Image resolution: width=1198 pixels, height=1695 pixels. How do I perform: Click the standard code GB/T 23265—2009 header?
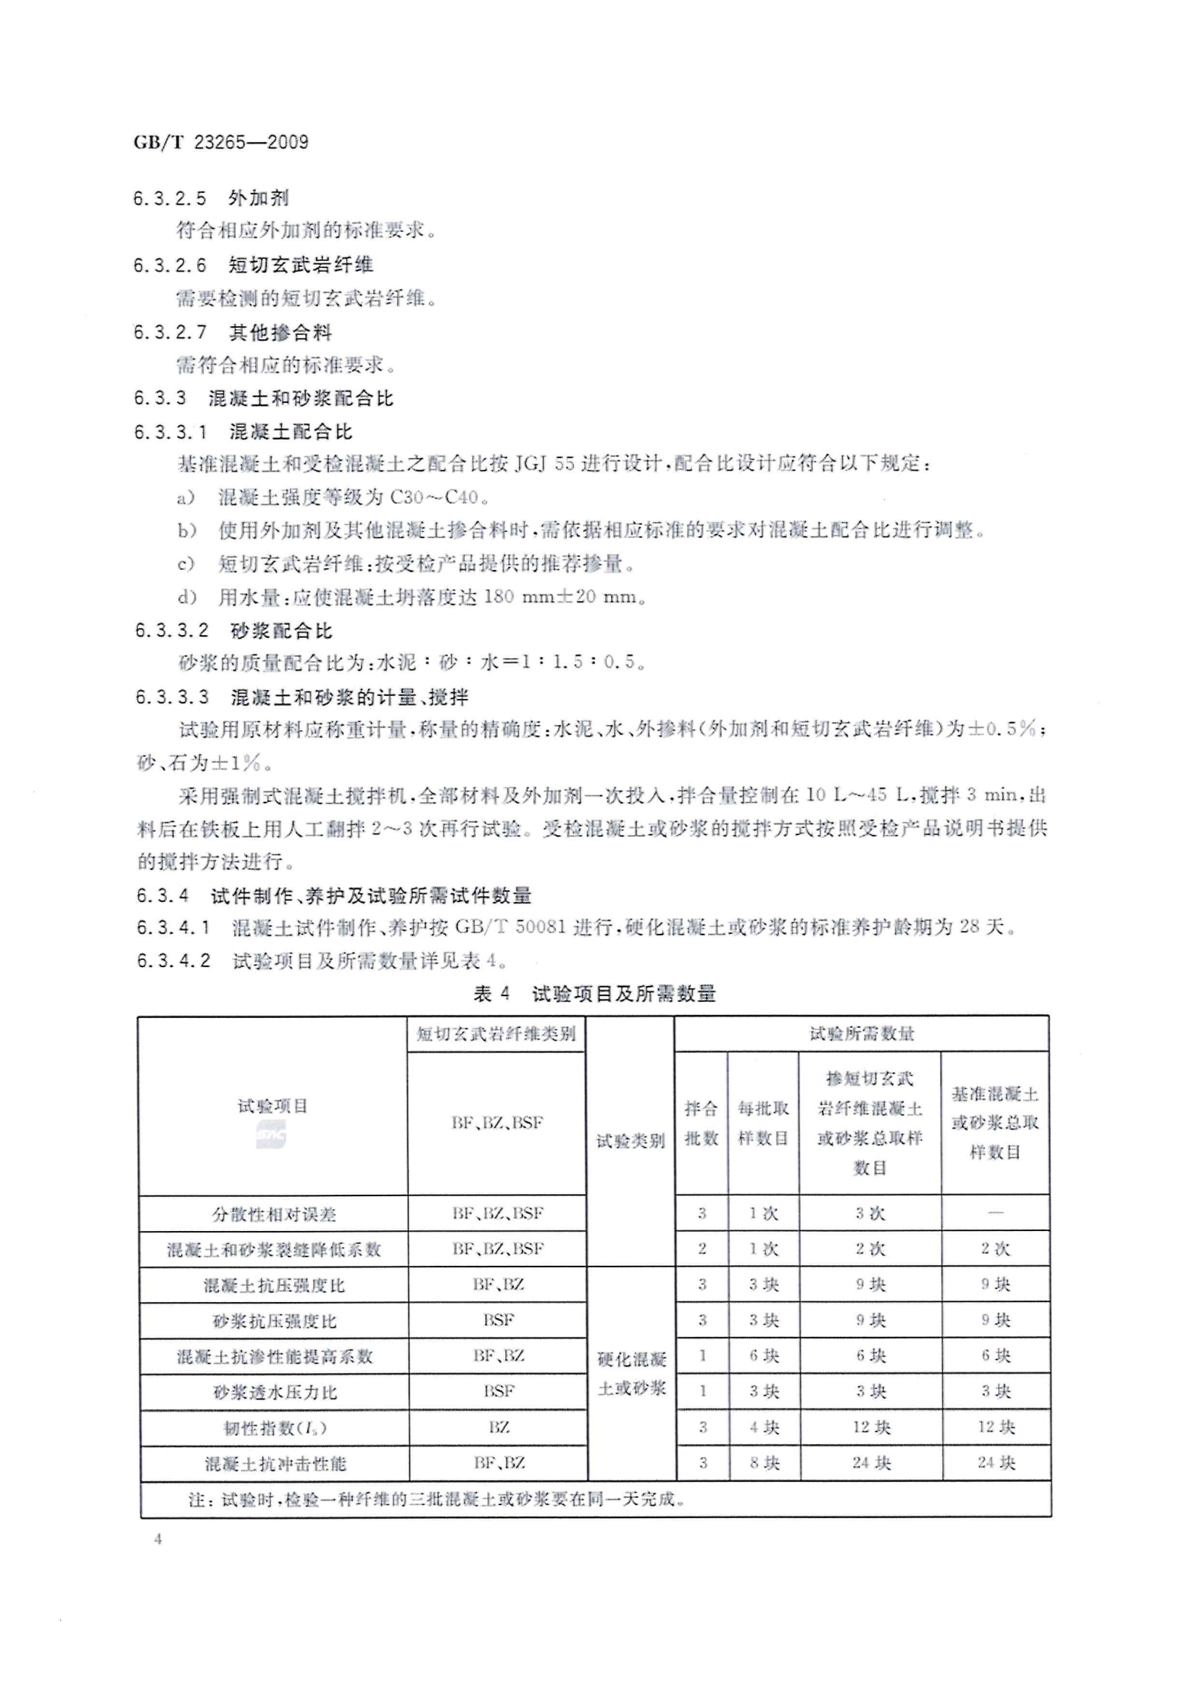(x=221, y=142)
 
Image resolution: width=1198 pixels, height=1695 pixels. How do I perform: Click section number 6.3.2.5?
(x=170, y=198)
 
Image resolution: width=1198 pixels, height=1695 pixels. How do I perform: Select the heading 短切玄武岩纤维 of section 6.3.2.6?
(x=301, y=265)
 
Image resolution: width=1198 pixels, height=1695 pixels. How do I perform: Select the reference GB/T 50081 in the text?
(x=510, y=927)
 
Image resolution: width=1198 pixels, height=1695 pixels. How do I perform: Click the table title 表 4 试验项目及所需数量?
(x=594, y=994)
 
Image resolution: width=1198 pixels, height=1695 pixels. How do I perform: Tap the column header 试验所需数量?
(x=862, y=1034)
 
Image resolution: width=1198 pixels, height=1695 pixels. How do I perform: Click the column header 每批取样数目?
(x=763, y=1123)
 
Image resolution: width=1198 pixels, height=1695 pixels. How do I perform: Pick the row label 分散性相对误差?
(x=273, y=1214)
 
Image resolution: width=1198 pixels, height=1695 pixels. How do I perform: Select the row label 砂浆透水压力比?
(x=275, y=1392)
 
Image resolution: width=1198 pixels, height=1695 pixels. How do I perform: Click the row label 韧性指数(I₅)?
(x=275, y=1428)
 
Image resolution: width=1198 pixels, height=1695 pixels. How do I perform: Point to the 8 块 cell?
(x=764, y=1463)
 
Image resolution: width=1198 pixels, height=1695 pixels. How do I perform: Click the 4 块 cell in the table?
(x=764, y=1427)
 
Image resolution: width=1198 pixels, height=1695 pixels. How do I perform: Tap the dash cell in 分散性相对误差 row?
(x=995, y=1213)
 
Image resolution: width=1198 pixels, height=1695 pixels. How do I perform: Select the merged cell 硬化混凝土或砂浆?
(x=631, y=1373)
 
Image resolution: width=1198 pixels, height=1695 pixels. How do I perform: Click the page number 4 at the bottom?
(x=158, y=1539)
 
